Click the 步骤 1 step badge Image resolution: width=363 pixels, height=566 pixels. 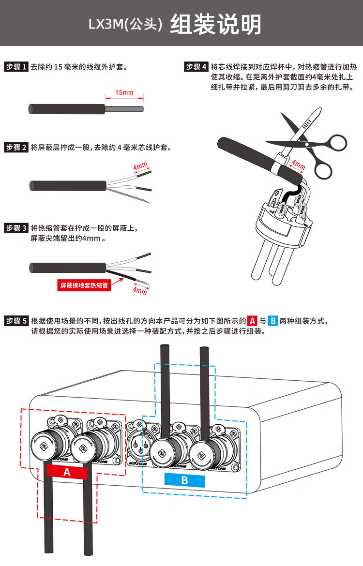click(x=16, y=67)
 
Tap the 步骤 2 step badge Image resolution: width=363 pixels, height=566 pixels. click(x=16, y=148)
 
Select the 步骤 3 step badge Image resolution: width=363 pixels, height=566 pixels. click(x=16, y=228)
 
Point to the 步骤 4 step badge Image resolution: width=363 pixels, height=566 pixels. click(x=197, y=67)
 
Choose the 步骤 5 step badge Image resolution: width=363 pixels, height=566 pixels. click(x=16, y=321)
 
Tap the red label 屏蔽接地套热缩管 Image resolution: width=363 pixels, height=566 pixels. click(x=84, y=285)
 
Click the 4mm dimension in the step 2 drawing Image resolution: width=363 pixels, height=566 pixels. click(x=140, y=166)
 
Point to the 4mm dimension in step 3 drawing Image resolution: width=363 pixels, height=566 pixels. click(x=139, y=291)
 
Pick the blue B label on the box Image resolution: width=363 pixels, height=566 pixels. click(x=184, y=480)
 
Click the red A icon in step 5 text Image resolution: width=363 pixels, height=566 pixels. click(x=252, y=321)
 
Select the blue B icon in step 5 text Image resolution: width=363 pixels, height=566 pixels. click(x=272, y=321)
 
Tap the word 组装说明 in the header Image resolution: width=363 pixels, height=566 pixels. click(x=215, y=24)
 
